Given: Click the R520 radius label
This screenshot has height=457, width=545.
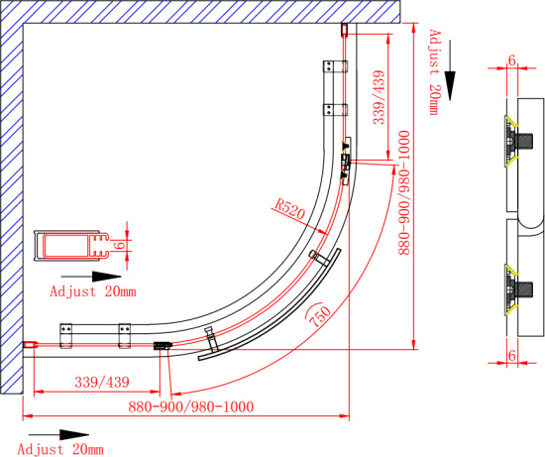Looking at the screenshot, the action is [289, 209].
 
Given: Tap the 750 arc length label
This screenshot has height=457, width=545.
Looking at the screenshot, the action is [319, 315].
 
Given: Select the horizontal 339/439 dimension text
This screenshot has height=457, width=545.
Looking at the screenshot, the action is [102, 383].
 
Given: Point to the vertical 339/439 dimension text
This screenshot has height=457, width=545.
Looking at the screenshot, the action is [379, 97].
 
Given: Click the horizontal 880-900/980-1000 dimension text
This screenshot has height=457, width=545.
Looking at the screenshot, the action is [191, 406].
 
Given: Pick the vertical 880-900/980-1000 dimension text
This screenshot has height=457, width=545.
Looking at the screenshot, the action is [404, 193].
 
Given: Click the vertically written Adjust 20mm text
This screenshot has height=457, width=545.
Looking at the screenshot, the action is [434, 72].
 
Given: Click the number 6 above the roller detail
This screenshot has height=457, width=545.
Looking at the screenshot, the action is [512, 60].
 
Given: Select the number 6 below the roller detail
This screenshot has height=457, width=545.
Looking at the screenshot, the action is [512, 356].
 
